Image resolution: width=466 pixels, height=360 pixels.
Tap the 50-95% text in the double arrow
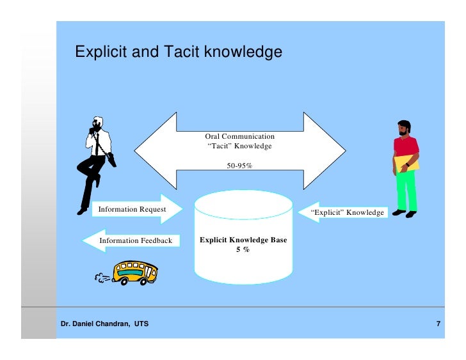click(239, 166)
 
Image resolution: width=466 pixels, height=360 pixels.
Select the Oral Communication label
click(239, 136)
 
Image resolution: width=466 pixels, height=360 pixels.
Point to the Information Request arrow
click(138, 209)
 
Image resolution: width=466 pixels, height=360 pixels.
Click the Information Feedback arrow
click(128, 240)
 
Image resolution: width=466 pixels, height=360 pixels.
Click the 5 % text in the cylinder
click(243, 249)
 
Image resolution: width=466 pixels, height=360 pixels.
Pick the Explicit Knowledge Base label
click(243, 240)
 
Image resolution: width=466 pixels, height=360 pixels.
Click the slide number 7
click(438, 324)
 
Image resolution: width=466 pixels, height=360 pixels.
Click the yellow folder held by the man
click(409, 164)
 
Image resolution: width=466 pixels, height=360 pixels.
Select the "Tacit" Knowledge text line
click(239, 146)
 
